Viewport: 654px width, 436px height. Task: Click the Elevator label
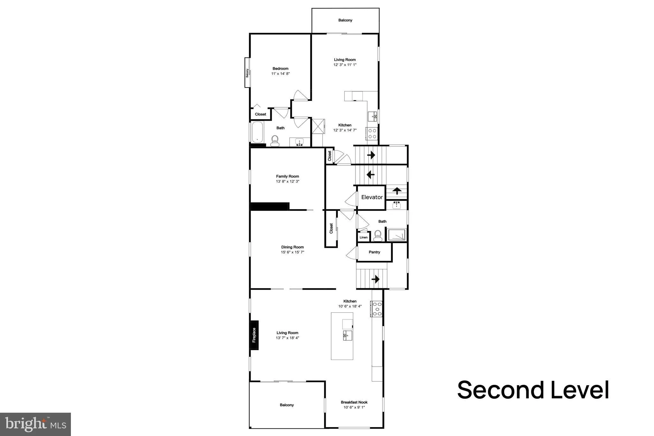click(372, 197)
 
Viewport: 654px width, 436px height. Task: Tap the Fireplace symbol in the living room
click(254, 335)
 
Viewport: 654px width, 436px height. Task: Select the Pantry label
click(374, 252)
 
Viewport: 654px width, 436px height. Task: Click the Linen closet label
click(363, 237)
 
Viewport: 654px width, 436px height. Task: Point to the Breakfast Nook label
click(354, 402)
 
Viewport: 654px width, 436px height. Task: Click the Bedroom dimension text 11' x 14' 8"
click(280, 74)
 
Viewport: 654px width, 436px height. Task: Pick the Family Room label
click(287, 176)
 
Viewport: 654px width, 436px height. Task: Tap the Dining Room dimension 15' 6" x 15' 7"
click(292, 252)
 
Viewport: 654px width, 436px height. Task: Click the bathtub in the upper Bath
click(257, 132)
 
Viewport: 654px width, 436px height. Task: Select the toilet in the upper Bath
click(275, 140)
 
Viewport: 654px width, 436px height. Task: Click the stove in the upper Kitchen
click(372, 133)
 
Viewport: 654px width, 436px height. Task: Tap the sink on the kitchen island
click(347, 335)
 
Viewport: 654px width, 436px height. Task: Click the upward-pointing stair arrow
click(397, 191)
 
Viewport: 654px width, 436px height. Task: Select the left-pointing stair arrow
click(370, 175)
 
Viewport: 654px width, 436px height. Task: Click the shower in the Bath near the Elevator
click(396, 235)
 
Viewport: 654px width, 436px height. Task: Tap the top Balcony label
click(345, 20)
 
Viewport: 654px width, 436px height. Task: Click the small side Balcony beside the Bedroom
click(247, 73)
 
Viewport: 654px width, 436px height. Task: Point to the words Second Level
click(533, 390)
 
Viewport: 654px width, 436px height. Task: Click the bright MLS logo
click(35, 424)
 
